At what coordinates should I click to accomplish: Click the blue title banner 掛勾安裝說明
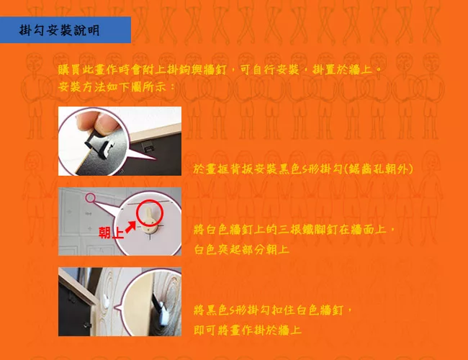[66, 30]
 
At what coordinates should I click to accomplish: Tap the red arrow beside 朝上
[130, 228]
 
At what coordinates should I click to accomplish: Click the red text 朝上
[111, 233]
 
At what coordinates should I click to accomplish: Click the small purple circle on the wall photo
[91, 197]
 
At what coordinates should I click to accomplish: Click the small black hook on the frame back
[147, 147]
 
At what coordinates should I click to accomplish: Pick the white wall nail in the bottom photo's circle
[163, 313]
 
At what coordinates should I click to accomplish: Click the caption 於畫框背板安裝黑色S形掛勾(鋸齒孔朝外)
[303, 169]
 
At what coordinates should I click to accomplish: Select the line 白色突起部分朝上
[241, 249]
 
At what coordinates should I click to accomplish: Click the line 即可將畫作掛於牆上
[248, 330]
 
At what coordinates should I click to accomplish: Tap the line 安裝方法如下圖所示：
[117, 87]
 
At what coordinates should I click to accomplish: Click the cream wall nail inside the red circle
[150, 222]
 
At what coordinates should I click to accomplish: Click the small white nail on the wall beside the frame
[107, 300]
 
